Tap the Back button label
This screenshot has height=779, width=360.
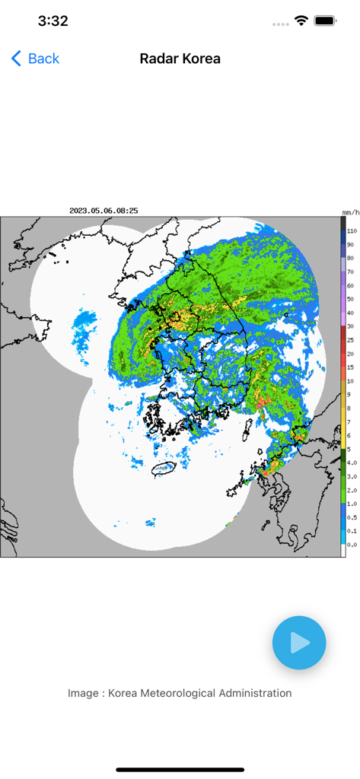(43, 59)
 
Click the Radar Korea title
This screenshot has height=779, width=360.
(180, 59)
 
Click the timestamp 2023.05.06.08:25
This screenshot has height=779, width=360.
(104, 211)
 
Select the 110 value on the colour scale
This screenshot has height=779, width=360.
(352, 231)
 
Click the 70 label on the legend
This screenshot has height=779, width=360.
(350, 272)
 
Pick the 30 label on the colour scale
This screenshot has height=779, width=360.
(350, 326)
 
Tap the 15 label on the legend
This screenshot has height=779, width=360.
(350, 367)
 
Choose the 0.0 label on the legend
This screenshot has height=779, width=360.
(351, 545)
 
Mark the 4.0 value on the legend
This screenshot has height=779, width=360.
(351, 463)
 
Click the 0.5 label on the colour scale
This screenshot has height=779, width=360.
(351, 517)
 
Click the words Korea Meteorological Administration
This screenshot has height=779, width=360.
(199, 693)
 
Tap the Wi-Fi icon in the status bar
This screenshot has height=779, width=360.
(302, 21)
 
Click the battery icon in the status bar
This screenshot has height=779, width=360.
(326, 21)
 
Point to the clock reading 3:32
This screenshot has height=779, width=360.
(53, 21)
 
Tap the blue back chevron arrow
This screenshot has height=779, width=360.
(16, 59)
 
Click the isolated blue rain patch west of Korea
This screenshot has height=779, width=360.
(84, 327)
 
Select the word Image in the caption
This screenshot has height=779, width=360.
(83, 693)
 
